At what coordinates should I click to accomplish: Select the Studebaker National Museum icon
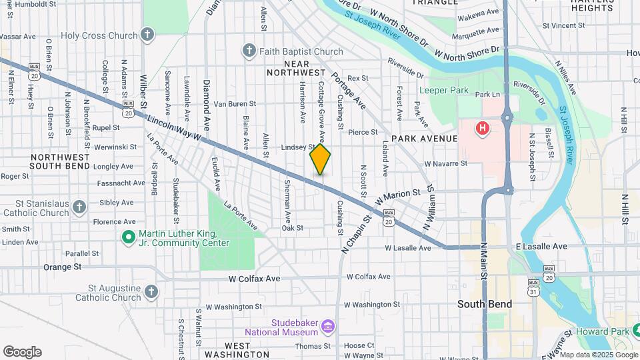coord(328,326)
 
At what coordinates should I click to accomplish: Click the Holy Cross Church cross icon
coord(147,35)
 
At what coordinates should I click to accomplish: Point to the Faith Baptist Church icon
coord(249,51)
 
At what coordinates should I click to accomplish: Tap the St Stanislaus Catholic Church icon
coord(79,207)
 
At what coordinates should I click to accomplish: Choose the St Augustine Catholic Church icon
coord(151,291)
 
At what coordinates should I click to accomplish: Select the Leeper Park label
coord(443,90)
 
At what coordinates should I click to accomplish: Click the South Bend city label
coord(485,304)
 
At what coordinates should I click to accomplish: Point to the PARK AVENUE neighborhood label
coord(424,139)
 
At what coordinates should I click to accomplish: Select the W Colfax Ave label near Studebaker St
coord(254,278)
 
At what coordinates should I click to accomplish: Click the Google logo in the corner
coord(22,352)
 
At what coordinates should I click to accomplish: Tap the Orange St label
coord(62,267)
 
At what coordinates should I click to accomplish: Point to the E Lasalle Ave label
coord(541,247)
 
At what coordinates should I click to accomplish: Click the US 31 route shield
coord(533,291)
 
